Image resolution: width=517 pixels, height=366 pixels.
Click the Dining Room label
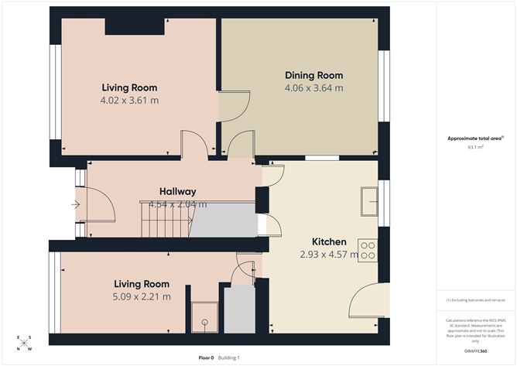(313, 75)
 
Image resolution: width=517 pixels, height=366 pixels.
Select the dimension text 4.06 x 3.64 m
(313, 88)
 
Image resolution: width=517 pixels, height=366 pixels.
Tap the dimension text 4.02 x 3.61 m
(129, 100)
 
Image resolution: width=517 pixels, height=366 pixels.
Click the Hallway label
(177, 191)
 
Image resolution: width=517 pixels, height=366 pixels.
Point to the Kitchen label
(329, 241)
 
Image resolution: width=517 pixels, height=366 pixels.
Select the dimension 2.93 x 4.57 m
(329, 254)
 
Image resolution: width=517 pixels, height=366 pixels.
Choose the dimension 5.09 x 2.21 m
(141, 296)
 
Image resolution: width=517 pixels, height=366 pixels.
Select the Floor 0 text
(206, 357)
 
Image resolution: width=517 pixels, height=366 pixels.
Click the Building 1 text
(228, 357)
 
